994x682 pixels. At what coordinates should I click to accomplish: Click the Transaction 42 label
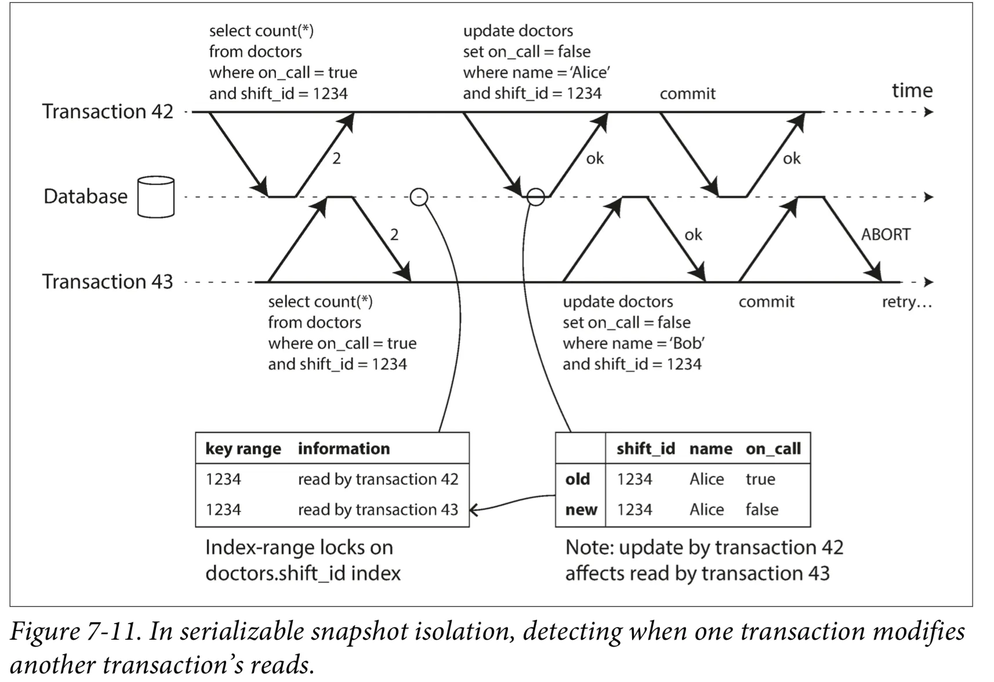[107, 111]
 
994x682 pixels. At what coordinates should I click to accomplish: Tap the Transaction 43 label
[107, 281]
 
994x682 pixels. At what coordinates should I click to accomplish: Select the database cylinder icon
[156, 197]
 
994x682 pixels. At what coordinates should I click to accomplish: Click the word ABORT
[886, 234]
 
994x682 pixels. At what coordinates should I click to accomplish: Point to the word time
[912, 90]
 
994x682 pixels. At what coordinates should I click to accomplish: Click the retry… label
[906, 302]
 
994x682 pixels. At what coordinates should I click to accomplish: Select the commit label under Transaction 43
[766, 302]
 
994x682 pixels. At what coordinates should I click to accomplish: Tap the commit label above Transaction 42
[687, 93]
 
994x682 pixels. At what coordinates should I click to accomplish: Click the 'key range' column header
[243, 449]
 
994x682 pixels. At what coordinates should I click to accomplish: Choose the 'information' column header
[344, 449]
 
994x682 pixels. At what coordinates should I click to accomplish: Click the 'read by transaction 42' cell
[378, 479]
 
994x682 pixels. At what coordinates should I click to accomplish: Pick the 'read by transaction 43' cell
[378, 509]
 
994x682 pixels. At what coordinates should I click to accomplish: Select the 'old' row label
[577, 479]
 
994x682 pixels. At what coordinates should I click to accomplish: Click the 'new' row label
[581, 510]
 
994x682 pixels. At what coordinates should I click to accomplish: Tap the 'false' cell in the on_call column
[762, 509]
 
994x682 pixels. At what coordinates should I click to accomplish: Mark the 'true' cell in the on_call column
[760, 479]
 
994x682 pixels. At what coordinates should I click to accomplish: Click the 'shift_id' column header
[645, 449]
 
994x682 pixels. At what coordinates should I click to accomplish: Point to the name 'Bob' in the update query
[687, 343]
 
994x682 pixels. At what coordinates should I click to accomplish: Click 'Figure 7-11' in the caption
[74, 632]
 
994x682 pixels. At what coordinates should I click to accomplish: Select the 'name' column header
[711, 449]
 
